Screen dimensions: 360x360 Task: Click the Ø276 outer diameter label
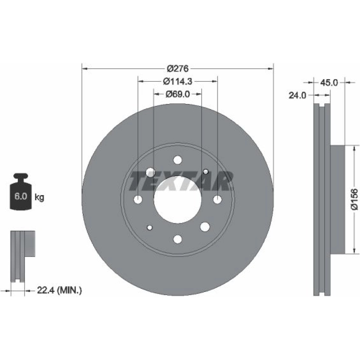point(178,68)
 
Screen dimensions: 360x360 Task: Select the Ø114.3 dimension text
point(177,81)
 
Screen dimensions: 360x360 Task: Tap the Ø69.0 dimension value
point(178,94)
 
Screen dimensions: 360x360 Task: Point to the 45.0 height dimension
point(329,83)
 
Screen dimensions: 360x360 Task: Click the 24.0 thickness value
point(297,95)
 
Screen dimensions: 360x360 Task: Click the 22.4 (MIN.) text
point(59,291)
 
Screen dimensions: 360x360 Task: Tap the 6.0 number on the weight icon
point(21,196)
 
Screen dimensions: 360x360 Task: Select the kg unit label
point(39,197)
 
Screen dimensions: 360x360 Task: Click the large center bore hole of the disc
point(178,199)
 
